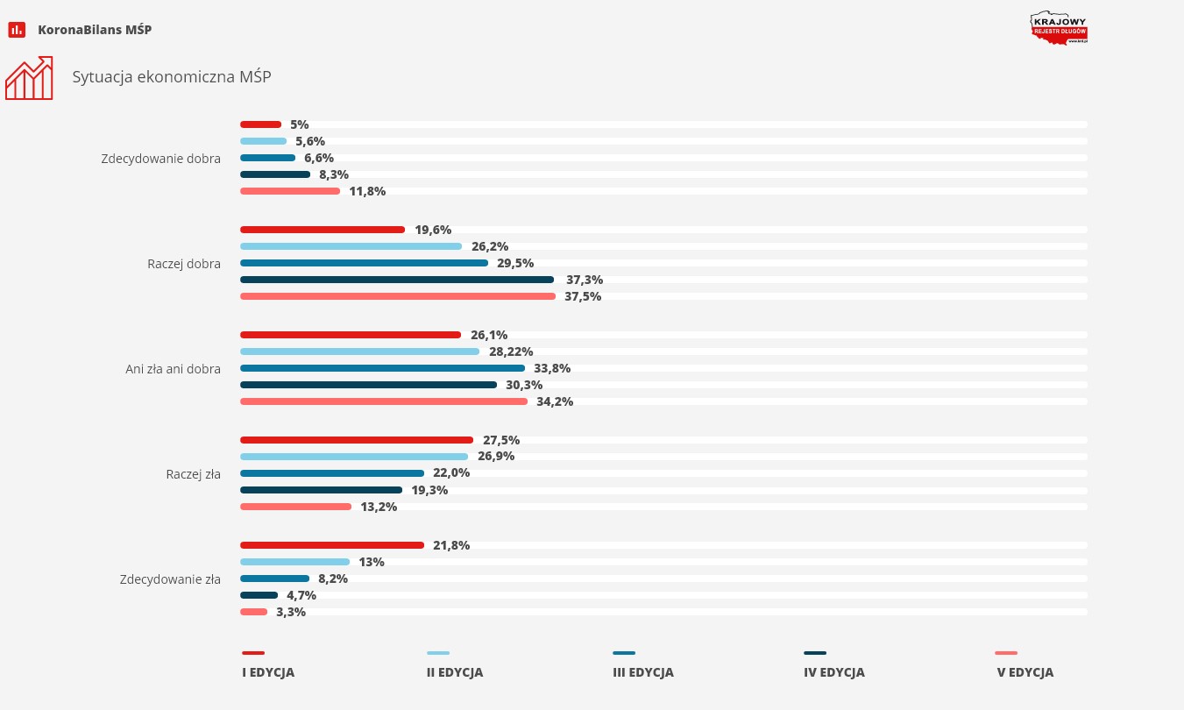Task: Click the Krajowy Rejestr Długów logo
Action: (1059, 28)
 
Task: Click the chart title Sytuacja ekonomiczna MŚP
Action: (172, 77)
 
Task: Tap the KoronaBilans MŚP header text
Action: (95, 30)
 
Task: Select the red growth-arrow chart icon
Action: (29, 78)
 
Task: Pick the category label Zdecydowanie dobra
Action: (160, 159)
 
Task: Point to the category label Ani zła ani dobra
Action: (173, 369)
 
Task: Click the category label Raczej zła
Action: (193, 474)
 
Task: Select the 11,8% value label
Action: (367, 191)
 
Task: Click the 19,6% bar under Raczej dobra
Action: (323, 230)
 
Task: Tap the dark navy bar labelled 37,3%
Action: (396, 280)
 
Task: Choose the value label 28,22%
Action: (511, 351)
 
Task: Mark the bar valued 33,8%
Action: (382, 368)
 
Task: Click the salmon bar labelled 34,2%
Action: (384, 401)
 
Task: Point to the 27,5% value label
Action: (500, 440)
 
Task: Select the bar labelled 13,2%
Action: (295, 507)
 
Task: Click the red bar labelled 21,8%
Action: (331, 545)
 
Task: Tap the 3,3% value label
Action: (291, 612)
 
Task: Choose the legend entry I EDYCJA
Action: (268, 672)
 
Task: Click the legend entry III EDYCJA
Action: (643, 672)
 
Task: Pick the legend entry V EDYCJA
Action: (1024, 672)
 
